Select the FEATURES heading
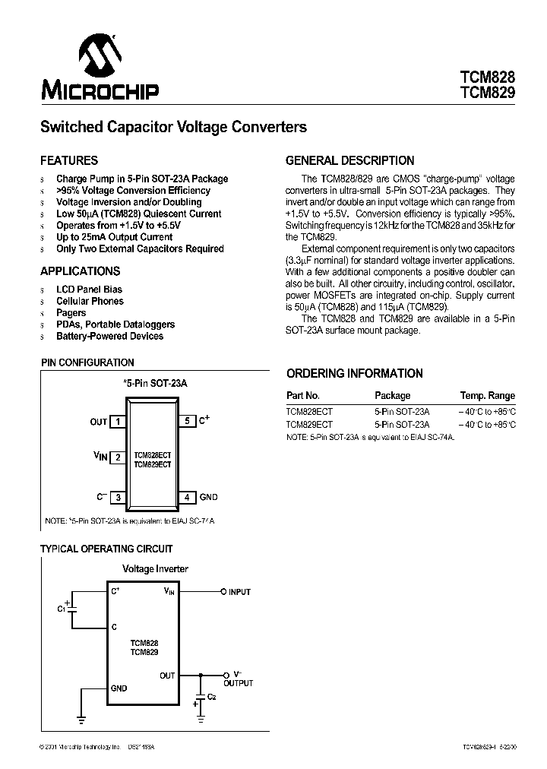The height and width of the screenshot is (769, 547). point(69,161)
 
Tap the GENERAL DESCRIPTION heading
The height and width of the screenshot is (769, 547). point(349,161)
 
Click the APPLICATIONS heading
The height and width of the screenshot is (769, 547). point(80,271)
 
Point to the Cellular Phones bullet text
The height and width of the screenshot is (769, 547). point(90,301)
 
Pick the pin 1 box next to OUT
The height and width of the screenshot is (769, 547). point(119,422)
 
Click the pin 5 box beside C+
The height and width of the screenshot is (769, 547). point(187,420)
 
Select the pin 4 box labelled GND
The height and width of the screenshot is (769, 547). point(187,497)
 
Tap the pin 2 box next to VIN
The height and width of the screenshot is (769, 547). point(119,457)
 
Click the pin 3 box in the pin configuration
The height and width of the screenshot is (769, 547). point(119,497)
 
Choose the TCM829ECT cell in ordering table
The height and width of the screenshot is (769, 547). point(309,425)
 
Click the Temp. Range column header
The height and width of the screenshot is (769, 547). point(487,396)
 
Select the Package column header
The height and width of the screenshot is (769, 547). point(392,396)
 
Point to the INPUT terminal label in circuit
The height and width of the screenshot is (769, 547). point(239,592)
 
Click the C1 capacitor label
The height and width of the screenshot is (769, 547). point(61,609)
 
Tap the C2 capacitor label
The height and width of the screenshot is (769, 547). point(212,697)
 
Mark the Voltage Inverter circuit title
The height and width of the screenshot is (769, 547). point(155,568)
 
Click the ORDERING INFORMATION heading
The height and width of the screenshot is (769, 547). point(354,374)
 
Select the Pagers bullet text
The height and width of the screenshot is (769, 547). point(71,312)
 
